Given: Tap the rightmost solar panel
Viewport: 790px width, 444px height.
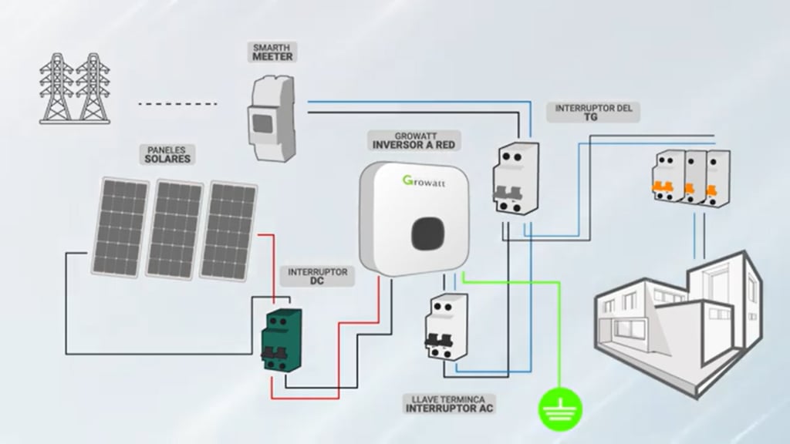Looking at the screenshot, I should tap(228, 230).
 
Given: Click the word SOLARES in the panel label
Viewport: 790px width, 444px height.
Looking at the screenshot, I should tap(167, 159).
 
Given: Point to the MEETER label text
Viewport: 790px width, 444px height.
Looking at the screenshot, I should tap(272, 57).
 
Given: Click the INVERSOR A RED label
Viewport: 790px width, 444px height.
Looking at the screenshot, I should tap(414, 144).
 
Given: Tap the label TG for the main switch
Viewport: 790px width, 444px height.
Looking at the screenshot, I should tap(591, 119).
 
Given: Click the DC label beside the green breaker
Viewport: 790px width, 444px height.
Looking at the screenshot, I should tap(317, 281).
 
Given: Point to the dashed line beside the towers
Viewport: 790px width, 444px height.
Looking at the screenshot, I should tap(178, 103).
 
